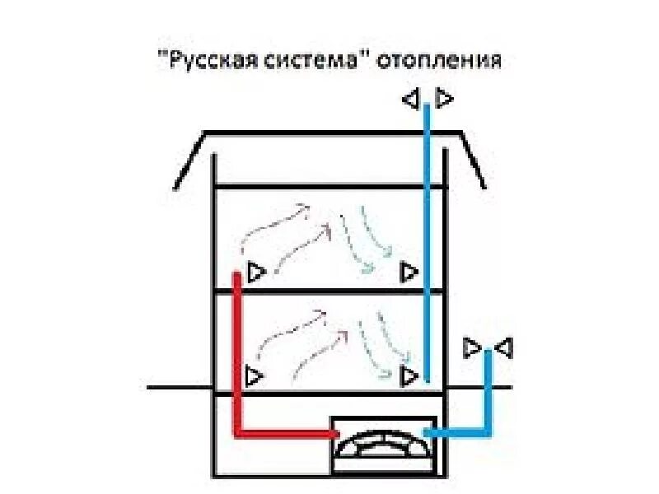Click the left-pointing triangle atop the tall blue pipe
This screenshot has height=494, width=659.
410,100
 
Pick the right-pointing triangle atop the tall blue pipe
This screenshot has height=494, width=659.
444,99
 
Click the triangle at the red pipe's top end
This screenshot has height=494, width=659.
255,272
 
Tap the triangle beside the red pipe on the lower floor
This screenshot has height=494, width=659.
254,376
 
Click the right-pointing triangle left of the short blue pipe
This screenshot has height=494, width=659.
472,347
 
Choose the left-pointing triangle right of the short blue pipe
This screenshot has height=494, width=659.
503,347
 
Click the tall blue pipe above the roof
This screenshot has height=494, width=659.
427,123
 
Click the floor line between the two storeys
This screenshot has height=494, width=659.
329,291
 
